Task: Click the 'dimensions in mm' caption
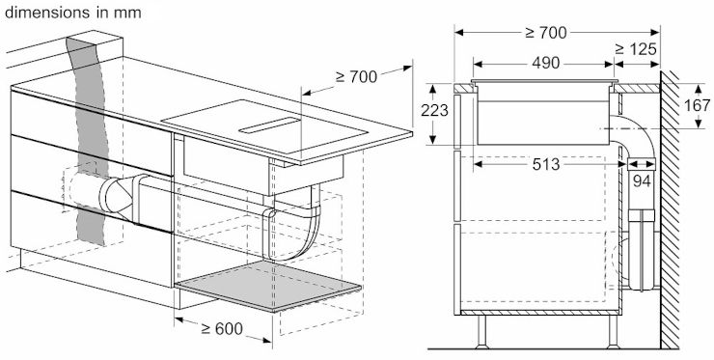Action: point(73,13)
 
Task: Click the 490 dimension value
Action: point(545,64)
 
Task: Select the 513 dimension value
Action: point(546,164)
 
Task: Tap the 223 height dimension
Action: point(434,110)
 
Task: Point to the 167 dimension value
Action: point(697,105)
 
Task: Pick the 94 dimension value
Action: point(642,180)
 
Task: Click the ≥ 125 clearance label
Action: point(636,49)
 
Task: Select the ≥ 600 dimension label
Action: point(221,328)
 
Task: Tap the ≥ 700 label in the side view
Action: point(546,33)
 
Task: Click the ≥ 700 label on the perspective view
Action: point(357,76)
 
